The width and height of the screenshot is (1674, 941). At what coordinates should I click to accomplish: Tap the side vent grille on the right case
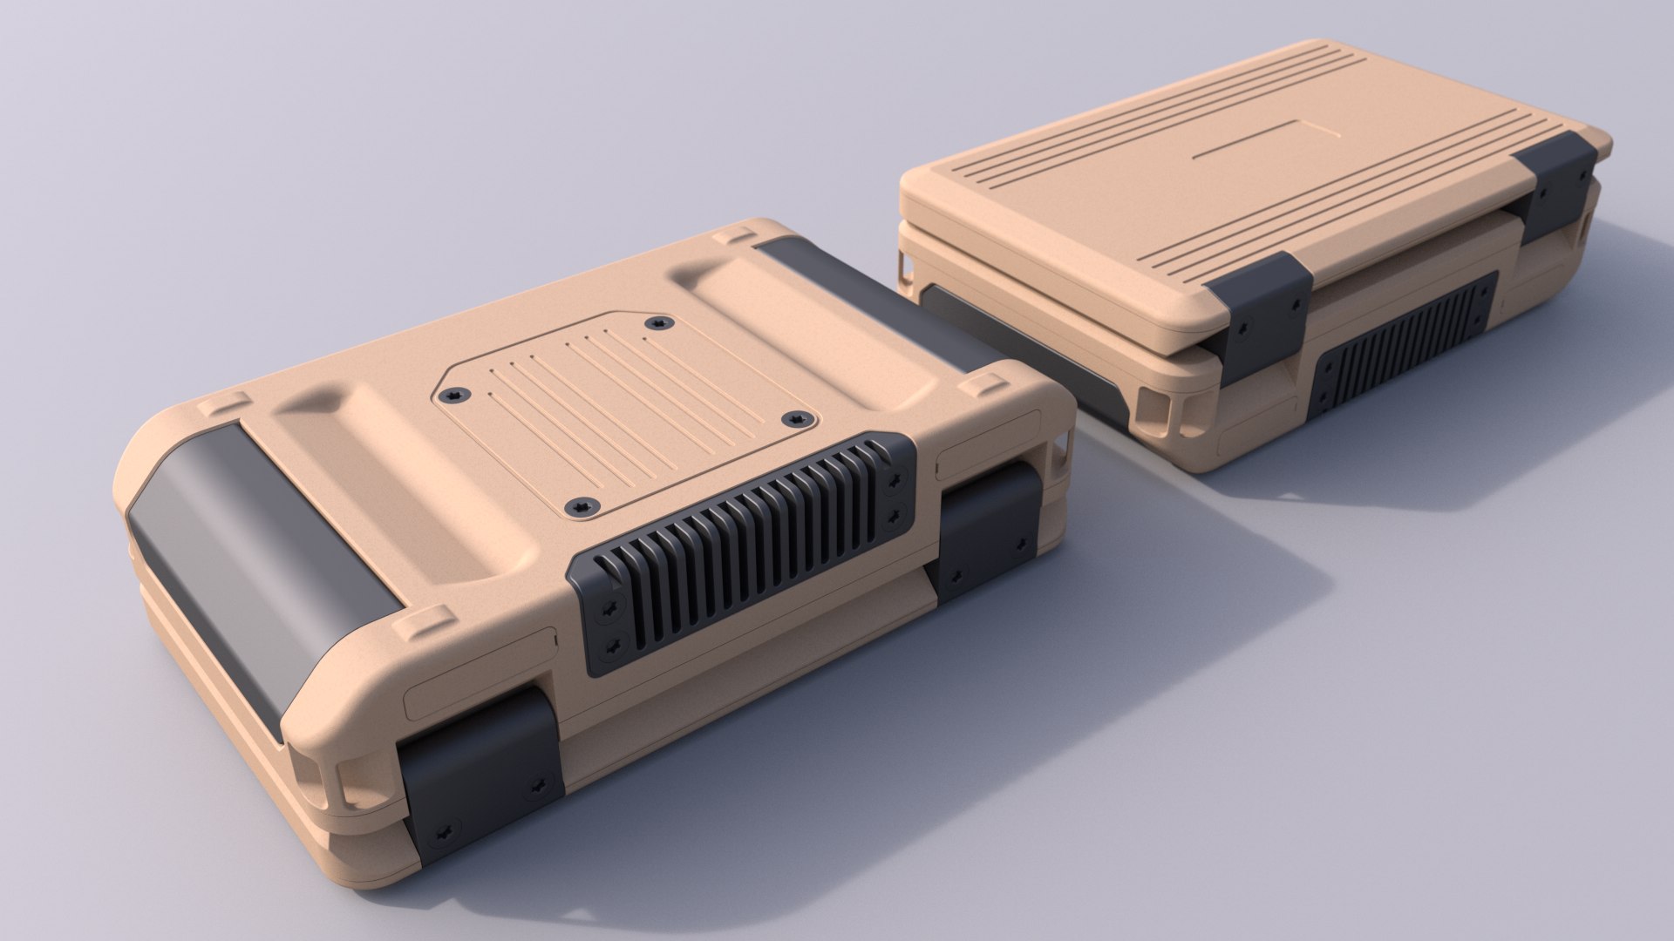tap(1404, 349)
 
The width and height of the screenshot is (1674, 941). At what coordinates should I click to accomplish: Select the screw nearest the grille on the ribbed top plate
tap(578, 505)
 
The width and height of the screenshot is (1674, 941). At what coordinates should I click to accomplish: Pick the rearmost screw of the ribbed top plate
tap(656, 323)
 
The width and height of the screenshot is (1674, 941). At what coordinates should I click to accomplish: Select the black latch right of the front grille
tap(990, 531)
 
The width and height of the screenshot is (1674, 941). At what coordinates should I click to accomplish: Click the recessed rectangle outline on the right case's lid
tap(1264, 139)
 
